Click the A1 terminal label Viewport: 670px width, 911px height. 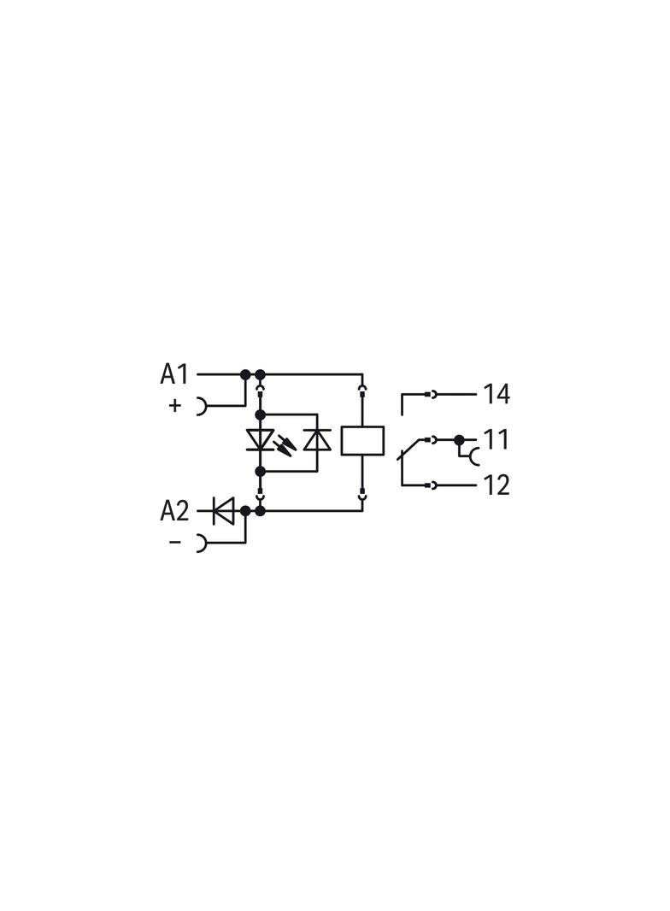pyautogui.click(x=174, y=374)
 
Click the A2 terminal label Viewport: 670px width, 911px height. pyautogui.click(x=174, y=511)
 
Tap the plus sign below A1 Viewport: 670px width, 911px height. pyautogui.click(x=175, y=405)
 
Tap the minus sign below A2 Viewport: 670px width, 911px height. pyautogui.click(x=175, y=542)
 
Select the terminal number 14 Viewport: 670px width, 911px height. pyautogui.click(x=497, y=394)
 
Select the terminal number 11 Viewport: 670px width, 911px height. pyautogui.click(x=496, y=439)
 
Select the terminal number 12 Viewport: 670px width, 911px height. pyautogui.click(x=497, y=485)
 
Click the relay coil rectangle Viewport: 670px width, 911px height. pyautogui.click(x=362, y=440)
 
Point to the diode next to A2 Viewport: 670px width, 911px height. pyautogui.click(x=223, y=511)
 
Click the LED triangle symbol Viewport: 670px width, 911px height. pyautogui.click(x=260, y=440)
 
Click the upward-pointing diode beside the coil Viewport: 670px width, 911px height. pyautogui.click(x=317, y=440)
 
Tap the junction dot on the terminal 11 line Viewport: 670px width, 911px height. pyautogui.click(x=459, y=439)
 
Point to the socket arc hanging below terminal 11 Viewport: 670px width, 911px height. pyautogui.click(x=472, y=457)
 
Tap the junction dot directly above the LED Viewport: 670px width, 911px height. pyautogui.click(x=260, y=414)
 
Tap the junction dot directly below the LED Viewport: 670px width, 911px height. pyautogui.click(x=260, y=471)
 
